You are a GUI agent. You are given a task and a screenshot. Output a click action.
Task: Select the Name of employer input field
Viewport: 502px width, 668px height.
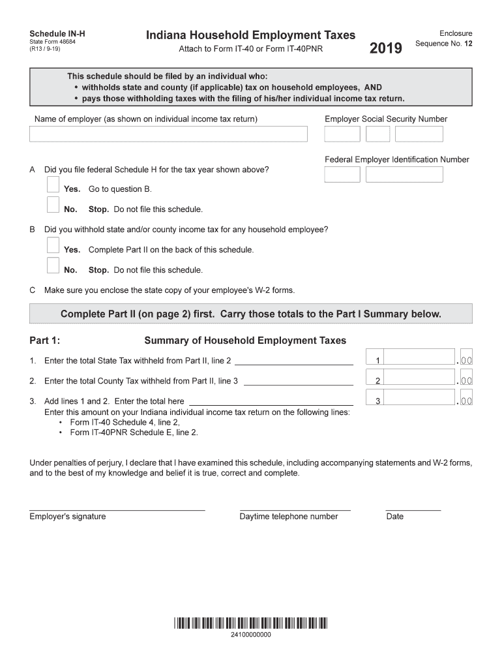pos(168,134)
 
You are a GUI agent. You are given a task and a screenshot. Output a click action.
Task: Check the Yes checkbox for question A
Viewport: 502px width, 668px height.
pos(53,185)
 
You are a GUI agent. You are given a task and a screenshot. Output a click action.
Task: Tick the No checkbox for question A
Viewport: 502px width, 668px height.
pos(53,206)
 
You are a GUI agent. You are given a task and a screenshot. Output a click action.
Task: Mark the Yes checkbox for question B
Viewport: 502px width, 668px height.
pos(53,246)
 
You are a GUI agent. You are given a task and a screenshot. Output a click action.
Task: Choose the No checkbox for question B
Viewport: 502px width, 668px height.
pos(53,266)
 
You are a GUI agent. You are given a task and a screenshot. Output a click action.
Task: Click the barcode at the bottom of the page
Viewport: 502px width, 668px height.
pos(250,624)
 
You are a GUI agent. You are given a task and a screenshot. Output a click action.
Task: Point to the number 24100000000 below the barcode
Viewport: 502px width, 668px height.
pos(250,635)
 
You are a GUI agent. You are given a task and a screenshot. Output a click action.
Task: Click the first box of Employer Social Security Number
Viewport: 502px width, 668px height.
pos(342,134)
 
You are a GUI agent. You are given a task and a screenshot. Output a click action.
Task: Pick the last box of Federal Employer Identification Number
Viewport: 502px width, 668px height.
pos(404,174)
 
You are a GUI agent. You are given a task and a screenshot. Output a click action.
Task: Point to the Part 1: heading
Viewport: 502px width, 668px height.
pos(45,341)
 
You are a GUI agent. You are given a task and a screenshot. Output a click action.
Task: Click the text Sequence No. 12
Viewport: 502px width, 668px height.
pos(443,44)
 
